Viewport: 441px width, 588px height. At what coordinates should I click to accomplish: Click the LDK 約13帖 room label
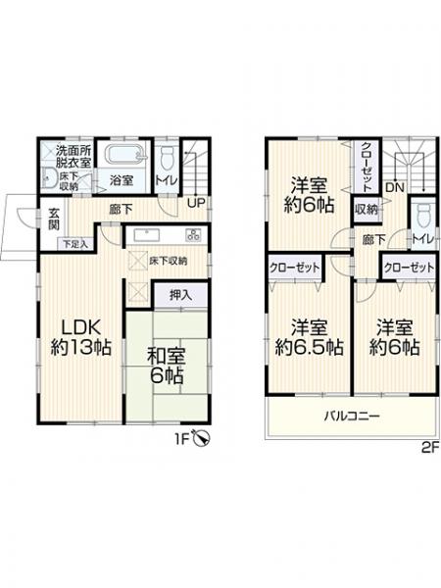pos(80,338)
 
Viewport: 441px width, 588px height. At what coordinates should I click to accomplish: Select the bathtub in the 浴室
pos(124,155)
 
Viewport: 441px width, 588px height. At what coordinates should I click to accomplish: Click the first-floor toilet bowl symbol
pos(167,159)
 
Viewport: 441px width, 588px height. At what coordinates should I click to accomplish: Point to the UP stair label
pos(196,203)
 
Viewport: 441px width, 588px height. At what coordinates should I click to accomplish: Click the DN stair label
pos(395,187)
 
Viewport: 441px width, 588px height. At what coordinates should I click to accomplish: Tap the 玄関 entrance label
pos(54,219)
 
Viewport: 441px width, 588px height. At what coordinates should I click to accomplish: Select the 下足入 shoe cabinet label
pos(75,244)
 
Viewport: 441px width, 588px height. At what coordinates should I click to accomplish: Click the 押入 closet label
pos(180,295)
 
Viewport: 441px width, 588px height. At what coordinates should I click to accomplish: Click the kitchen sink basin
pos(147,235)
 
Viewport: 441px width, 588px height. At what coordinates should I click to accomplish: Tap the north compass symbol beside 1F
pos(202,438)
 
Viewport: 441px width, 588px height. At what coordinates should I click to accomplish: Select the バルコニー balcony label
pos(353,416)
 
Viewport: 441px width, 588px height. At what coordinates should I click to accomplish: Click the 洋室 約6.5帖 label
pos(310,337)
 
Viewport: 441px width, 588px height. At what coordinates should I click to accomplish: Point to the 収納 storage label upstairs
pos(366,210)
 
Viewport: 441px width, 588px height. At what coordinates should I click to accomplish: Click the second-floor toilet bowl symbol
pos(423,216)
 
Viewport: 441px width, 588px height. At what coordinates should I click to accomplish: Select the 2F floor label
pos(430,448)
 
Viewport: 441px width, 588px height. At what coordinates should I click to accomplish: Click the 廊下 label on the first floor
pos(121,210)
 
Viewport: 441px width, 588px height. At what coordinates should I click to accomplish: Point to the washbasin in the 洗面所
pos(48,178)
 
